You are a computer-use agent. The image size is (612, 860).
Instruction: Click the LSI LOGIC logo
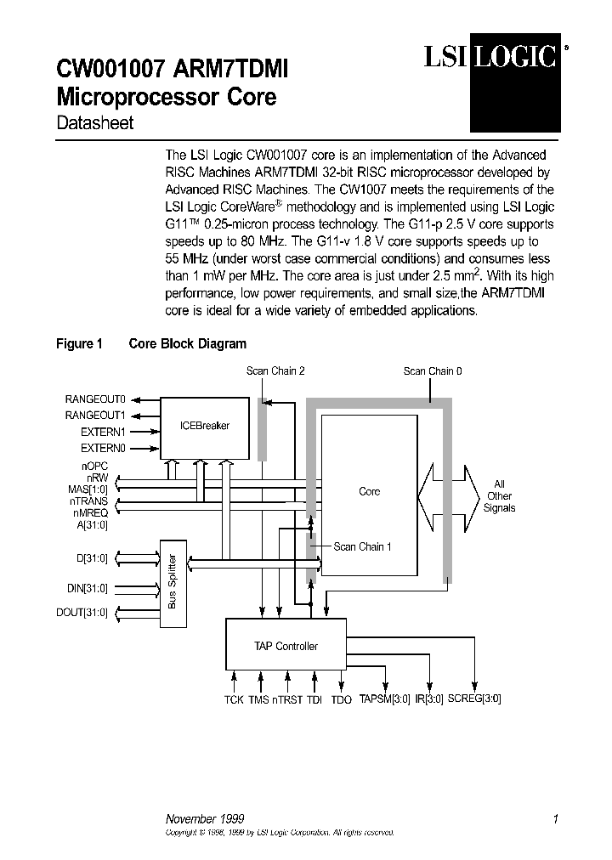click(492, 57)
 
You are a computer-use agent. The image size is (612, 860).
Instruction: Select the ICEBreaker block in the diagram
click(205, 425)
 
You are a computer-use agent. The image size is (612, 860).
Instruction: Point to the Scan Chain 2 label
click(275, 371)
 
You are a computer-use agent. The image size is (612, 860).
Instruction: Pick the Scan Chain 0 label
click(433, 371)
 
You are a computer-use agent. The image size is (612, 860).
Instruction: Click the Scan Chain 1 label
click(362, 546)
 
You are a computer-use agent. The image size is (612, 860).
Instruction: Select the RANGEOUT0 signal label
click(95, 399)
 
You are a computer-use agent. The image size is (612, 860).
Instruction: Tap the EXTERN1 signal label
click(103, 432)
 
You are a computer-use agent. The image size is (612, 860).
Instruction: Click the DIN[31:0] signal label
click(88, 587)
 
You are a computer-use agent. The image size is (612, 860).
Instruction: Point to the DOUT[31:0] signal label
click(85, 612)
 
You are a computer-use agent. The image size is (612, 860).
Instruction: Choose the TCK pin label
click(234, 699)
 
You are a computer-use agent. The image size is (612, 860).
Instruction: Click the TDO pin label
click(341, 699)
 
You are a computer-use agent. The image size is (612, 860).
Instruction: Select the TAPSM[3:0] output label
click(384, 699)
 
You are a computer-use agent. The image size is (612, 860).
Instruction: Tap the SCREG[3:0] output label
click(474, 699)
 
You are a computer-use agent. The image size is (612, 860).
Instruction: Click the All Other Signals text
click(499, 496)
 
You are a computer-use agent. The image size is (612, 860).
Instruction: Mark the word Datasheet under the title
click(94, 122)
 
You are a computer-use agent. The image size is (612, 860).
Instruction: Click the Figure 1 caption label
click(79, 343)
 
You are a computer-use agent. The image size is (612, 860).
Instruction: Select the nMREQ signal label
click(90, 512)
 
